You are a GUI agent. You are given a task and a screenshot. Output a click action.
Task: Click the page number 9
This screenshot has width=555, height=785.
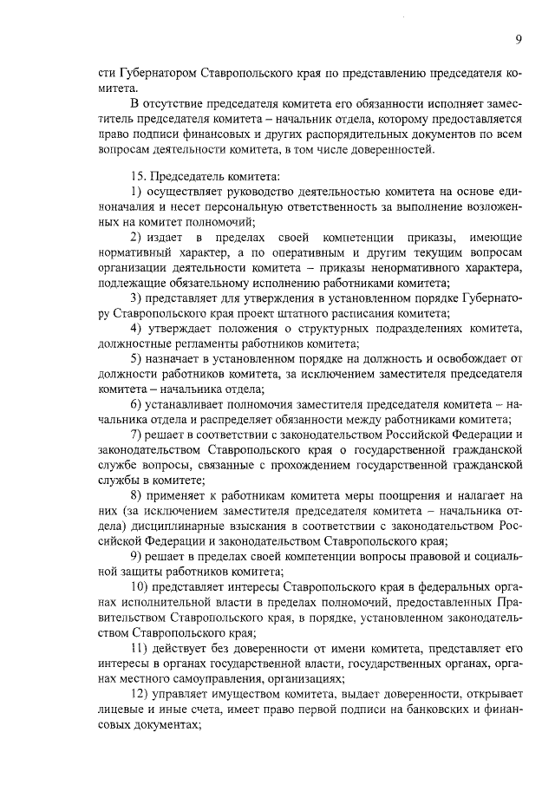point(518,38)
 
